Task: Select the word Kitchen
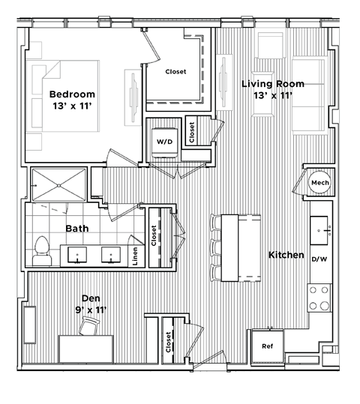point(286,255)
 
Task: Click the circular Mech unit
point(320,183)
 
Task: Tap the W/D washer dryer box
point(164,141)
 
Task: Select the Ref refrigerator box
point(267,346)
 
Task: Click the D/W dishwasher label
point(319,259)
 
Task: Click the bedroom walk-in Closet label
point(175,72)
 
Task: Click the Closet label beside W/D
point(192,133)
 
